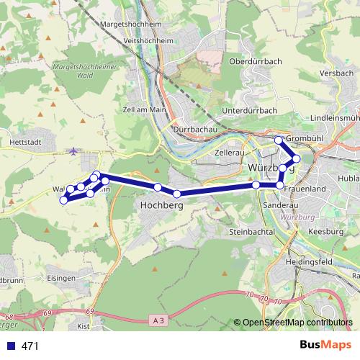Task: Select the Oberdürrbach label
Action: (254, 62)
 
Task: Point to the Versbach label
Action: (336, 73)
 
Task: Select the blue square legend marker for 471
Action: (10, 346)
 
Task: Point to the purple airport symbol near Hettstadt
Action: (74, 150)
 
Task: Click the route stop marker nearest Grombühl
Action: (279, 140)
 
